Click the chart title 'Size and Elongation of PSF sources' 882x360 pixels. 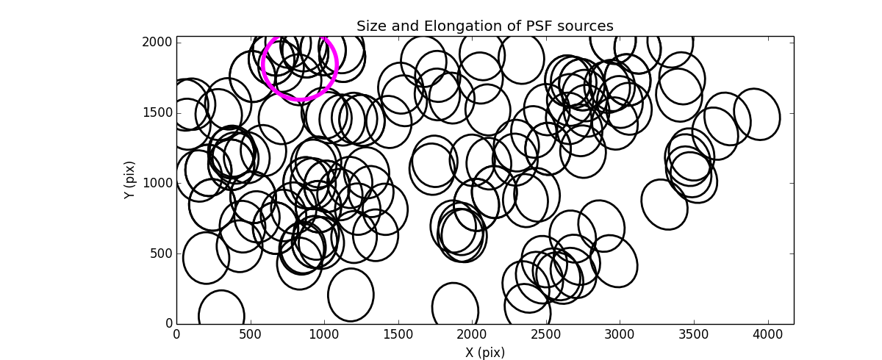484,26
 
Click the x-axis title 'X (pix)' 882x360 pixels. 484,352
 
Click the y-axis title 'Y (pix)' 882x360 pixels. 129,180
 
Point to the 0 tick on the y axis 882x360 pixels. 168,324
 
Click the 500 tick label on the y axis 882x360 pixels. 159,253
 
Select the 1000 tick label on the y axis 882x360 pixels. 157,183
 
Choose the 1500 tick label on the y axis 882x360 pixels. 157,112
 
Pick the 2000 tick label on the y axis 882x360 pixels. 157,42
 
